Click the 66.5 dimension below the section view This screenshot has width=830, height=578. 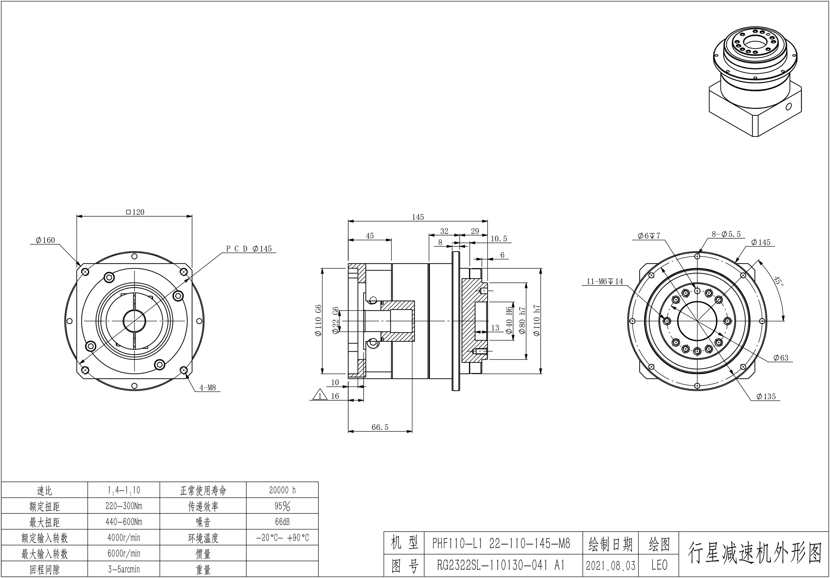[380, 427]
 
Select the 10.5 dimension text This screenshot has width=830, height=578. [499, 239]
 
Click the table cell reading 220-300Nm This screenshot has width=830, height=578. [124, 506]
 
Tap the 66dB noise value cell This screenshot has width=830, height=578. [282, 522]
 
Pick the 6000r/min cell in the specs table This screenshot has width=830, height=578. [124, 553]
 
